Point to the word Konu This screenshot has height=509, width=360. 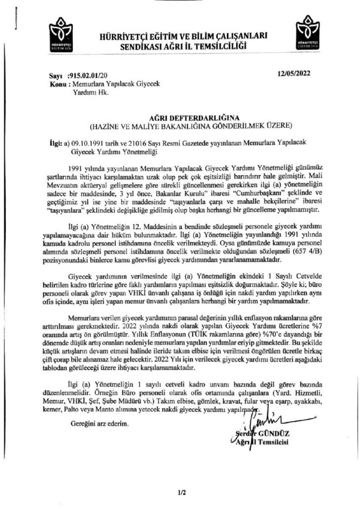[58, 84]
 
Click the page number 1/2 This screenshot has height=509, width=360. [180, 492]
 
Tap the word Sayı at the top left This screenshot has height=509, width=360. [56, 76]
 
